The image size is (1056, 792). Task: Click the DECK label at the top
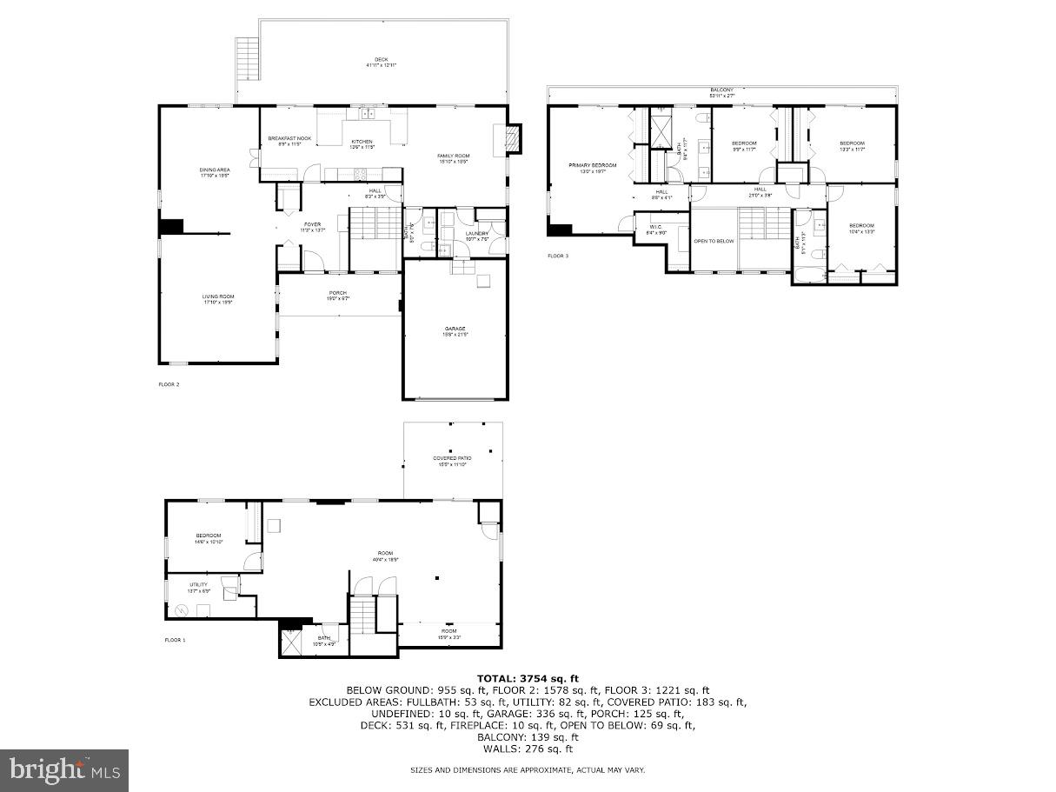click(382, 60)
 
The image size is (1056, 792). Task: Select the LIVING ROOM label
click(218, 296)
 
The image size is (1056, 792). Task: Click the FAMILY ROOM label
click(453, 156)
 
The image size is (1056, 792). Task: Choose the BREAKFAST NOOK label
click(289, 138)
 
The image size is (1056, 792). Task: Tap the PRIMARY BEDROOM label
click(593, 165)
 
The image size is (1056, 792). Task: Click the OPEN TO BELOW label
click(714, 241)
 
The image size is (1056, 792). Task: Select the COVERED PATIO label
click(452, 458)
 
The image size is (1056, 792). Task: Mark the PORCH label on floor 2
click(338, 292)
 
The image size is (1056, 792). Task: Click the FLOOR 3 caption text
click(558, 256)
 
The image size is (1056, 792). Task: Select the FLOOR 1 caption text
click(176, 640)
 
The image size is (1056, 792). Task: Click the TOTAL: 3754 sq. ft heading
click(527, 678)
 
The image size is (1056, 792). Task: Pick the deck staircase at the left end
click(248, 58)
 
